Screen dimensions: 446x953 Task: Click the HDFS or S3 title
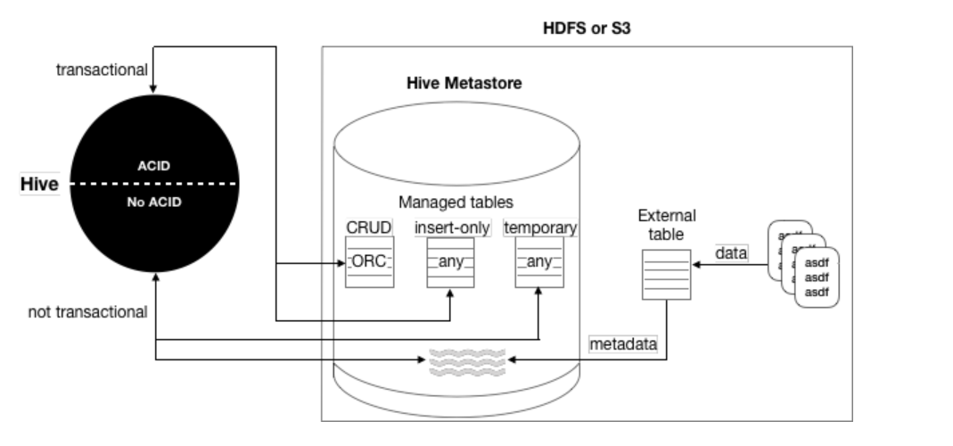point(587,29)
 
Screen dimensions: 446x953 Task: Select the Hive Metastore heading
point(464,84)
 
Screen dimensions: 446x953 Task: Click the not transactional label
point(87,311)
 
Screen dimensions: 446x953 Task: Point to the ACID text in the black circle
point(155,166)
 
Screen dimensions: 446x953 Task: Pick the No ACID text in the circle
point(155,202)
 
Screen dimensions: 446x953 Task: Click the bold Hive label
point(39,185)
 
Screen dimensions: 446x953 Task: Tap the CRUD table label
point(368,227)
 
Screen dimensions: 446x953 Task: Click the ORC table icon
point(369,262)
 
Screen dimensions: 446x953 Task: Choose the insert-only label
point(452,227)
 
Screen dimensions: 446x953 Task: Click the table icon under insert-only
point(450,262)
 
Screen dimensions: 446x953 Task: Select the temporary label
point(540,227)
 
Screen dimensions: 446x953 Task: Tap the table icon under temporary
point(539,262)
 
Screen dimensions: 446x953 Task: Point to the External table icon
point(666,275)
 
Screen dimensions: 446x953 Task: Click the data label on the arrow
point(731,253)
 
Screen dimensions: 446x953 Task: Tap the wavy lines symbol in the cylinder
point(466,359)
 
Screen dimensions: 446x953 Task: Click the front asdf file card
point(818,277)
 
